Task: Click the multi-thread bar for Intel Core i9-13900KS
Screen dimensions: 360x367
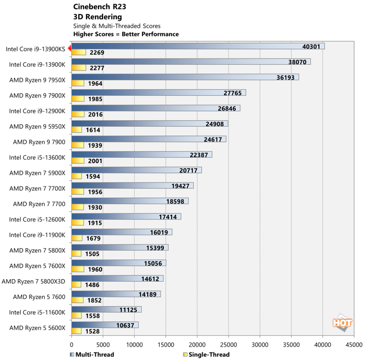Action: point(197,46)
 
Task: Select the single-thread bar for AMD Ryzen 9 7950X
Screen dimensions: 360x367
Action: point(78,83)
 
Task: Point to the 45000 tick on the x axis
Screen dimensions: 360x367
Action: point(354,343)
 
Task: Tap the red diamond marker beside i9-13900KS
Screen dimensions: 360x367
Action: point(69,48)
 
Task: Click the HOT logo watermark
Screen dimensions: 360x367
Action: point(343,322)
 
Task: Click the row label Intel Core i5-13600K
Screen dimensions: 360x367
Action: point(37,157)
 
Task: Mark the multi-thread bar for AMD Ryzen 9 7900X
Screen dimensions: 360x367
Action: point(158,93)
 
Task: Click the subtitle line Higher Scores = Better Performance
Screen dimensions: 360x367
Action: point(126,34)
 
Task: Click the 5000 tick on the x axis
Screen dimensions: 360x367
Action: point(103,343)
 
